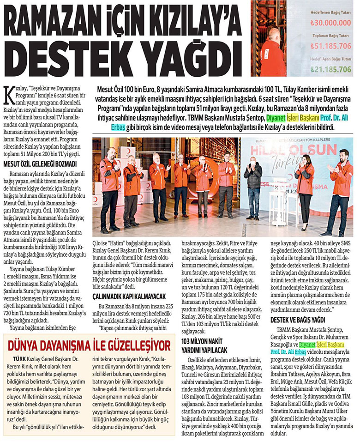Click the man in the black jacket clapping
point(253,185)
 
